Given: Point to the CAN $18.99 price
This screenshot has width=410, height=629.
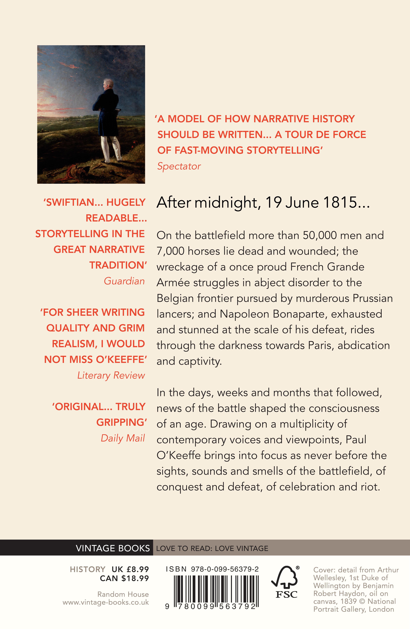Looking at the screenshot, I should coord(124,578).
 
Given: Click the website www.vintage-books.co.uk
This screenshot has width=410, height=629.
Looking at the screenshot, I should coord(106,602).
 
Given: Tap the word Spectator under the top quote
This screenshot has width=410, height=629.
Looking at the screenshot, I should coord(179,166).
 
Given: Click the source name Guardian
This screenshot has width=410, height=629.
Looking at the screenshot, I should coord(124,281).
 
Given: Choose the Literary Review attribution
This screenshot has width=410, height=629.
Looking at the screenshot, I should coord(111,375).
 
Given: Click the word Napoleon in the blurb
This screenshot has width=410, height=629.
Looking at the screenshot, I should coord(241,314).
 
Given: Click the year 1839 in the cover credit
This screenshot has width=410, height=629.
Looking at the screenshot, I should coord(348,601).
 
